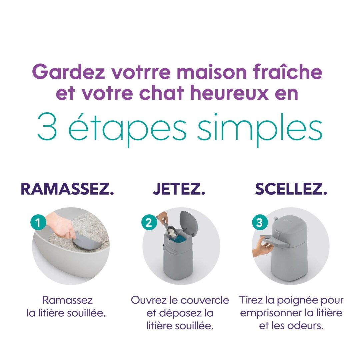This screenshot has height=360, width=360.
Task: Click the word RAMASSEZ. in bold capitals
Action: [x=67, y=189]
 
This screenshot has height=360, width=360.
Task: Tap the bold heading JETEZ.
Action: [x=179, y=189]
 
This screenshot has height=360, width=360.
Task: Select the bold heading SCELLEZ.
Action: [x=291, y=189]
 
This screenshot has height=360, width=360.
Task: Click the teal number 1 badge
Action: [x=38, y=222]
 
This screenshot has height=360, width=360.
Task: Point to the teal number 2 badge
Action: [x=149, y=222]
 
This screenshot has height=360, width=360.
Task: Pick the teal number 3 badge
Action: [x=259, y=222]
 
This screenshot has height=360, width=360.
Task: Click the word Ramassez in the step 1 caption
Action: [x=67, y=300]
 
